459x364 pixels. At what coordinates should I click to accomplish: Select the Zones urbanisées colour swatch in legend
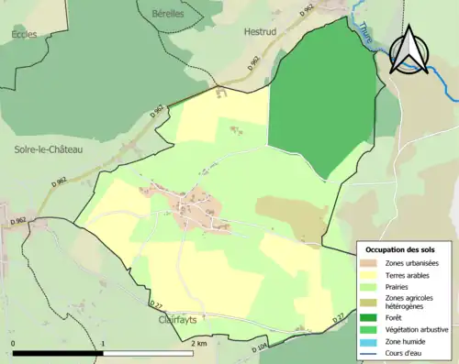point(371,264)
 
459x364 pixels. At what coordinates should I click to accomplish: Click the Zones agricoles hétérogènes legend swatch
point(371,302)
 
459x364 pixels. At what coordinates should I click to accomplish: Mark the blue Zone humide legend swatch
point(371,340)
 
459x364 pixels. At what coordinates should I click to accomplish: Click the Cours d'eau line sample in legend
point(371,352)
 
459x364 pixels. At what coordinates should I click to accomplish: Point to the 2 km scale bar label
point(198,343)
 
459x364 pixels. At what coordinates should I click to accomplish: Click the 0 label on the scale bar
point(14,343)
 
